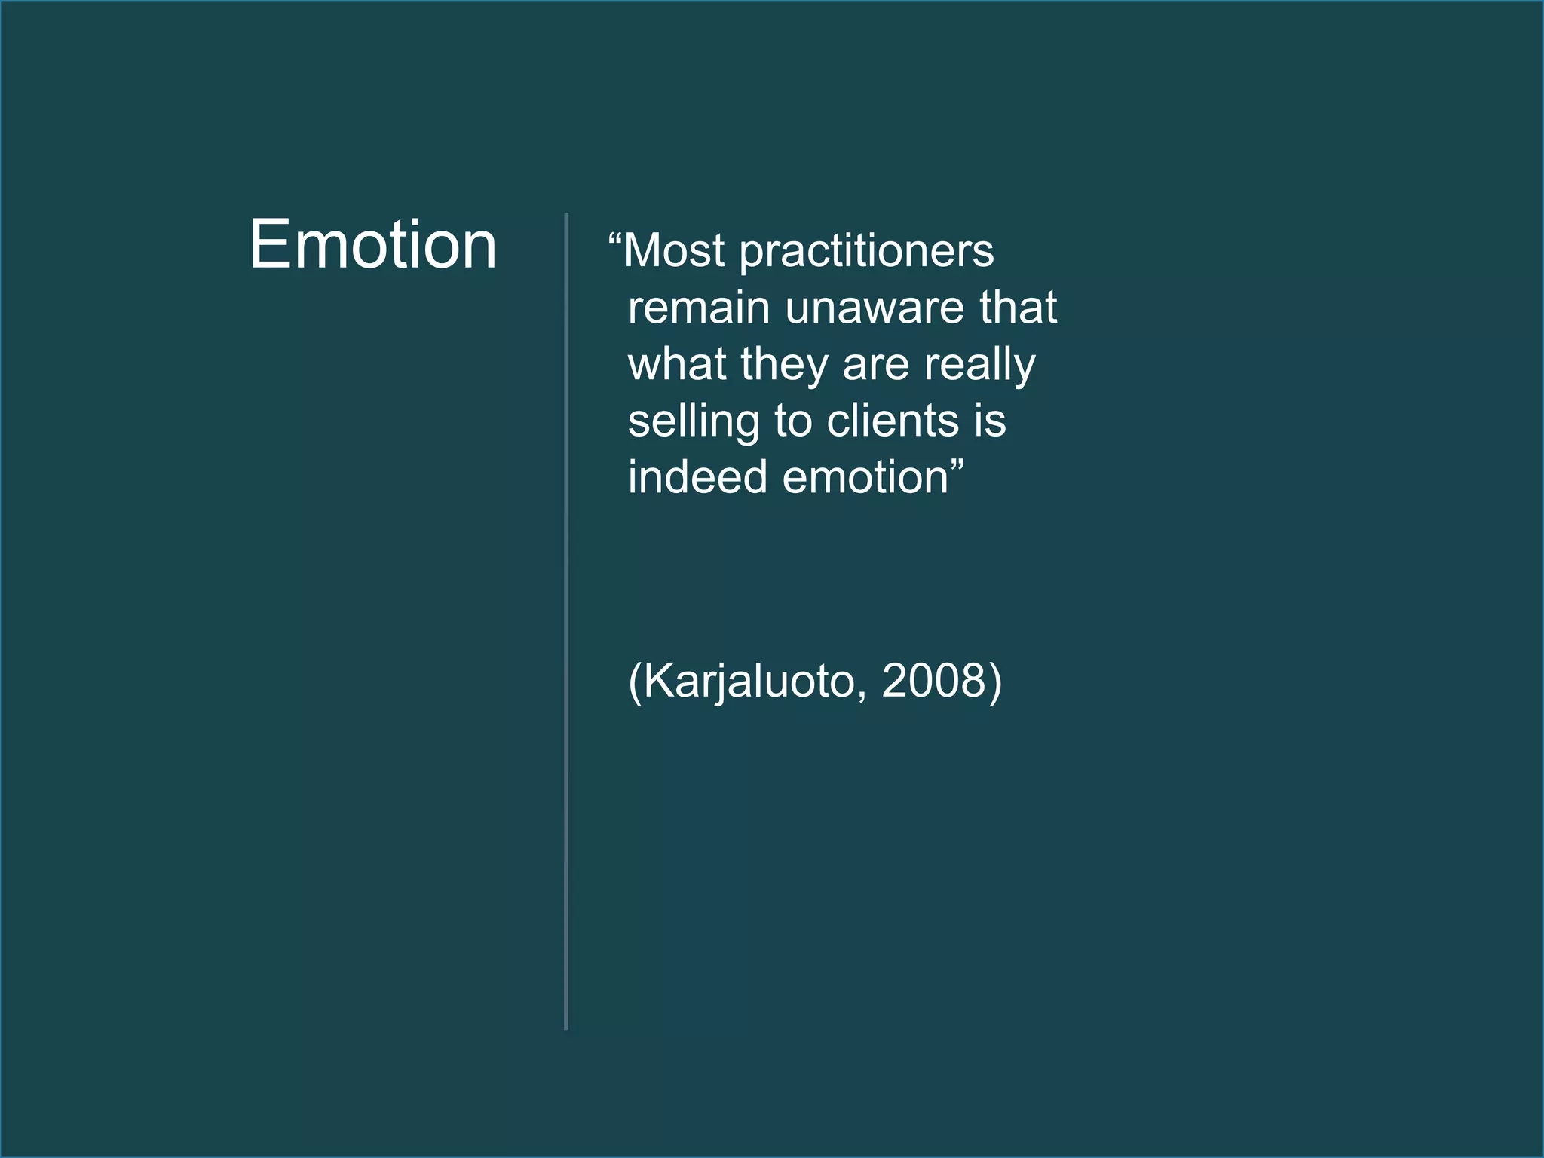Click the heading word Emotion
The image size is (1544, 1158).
point(373,245)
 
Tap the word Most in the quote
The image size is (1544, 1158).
point(674,250)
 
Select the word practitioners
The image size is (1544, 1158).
point(866,253)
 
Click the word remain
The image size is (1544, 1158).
point(699,308)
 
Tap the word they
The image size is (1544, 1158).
point(784,366)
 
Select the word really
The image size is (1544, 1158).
point(980,366)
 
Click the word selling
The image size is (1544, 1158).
point(693,422)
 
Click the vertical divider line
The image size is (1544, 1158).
point(566,618)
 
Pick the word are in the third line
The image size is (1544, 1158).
point(876,366)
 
